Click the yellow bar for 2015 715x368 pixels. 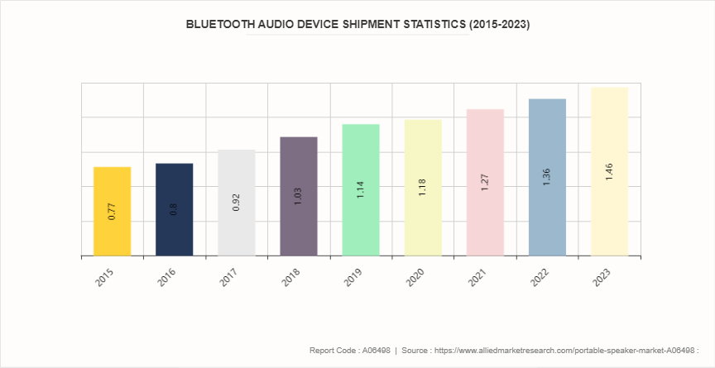(x=113, y=211)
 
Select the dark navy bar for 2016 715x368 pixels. (x=175, y=209)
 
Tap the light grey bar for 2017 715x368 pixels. (x=237, y=203)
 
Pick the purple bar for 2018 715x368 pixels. (x=299, y=196)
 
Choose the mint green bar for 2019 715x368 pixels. (x=361, y=189)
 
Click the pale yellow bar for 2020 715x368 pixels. (x=423, y=188)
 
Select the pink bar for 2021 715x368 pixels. (x=485, y=182)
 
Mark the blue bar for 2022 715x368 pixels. (x=547, y=177)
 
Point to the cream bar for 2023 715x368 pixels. (x=609, y=171)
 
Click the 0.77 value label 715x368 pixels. (x=113, y=211)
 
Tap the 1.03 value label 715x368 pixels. (x=299, y=196)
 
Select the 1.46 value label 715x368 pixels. (x=609, y=172)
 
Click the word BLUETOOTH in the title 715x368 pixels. (x=221, y=25)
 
